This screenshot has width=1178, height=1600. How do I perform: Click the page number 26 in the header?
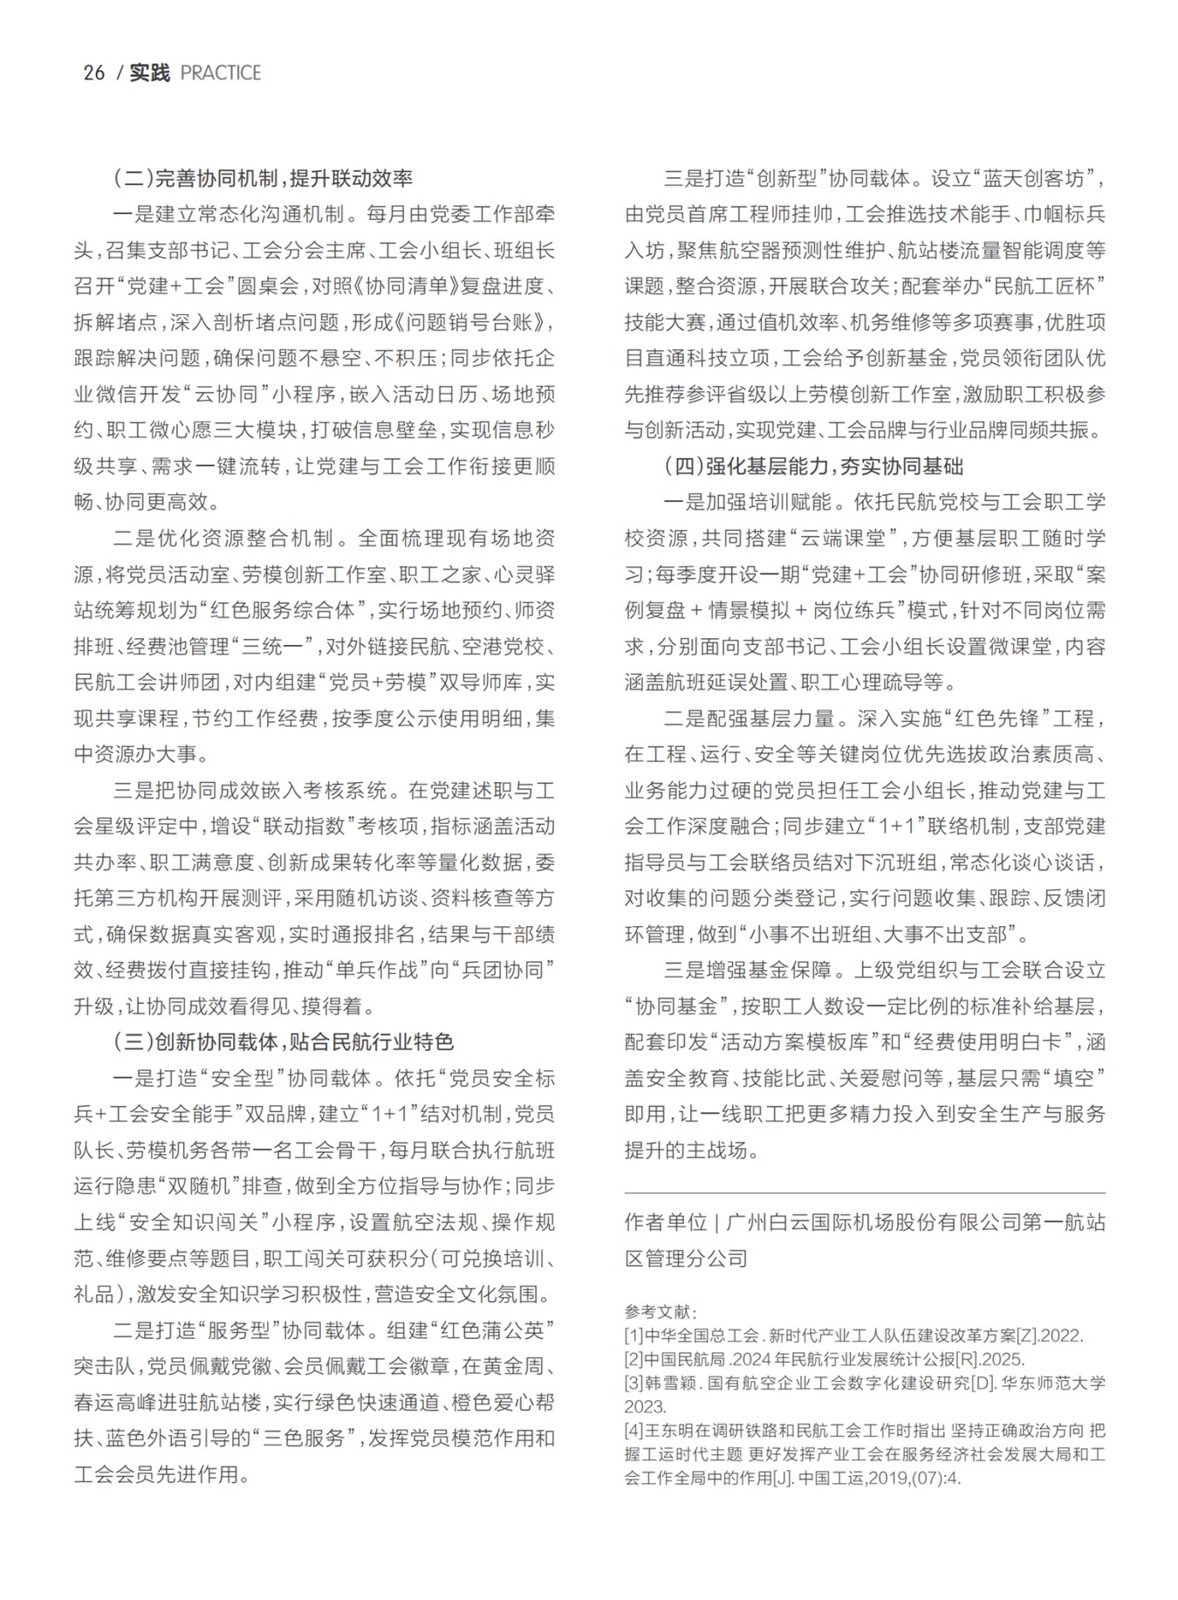point(93,73)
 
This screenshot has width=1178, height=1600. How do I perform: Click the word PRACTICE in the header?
point(220,73)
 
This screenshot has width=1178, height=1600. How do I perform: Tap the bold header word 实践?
point(149,73)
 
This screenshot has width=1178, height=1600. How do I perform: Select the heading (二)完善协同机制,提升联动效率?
point(263,179)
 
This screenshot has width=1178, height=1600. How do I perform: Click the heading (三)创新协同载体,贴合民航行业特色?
point(284,1042)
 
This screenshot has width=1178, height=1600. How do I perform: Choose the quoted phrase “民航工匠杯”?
point(1044,287)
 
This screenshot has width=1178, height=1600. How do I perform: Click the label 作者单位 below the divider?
point(665,1222)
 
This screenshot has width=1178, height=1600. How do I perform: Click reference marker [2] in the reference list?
point(634,1359)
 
